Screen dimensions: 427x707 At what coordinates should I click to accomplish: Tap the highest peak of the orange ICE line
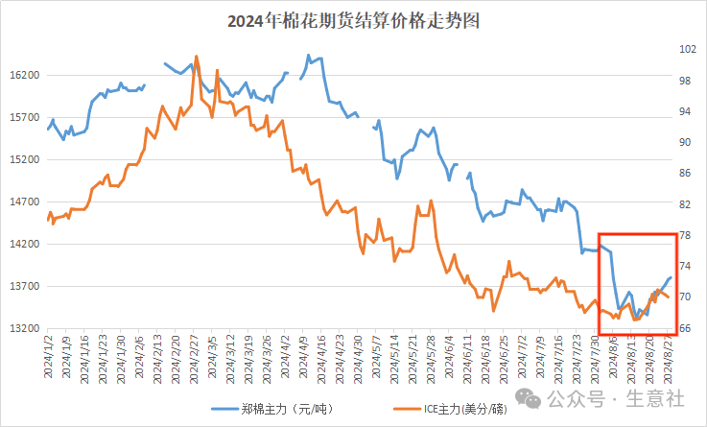click(x=197, y=56)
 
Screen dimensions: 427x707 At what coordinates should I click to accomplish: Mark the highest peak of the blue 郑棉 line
click(x=308, y=56)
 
